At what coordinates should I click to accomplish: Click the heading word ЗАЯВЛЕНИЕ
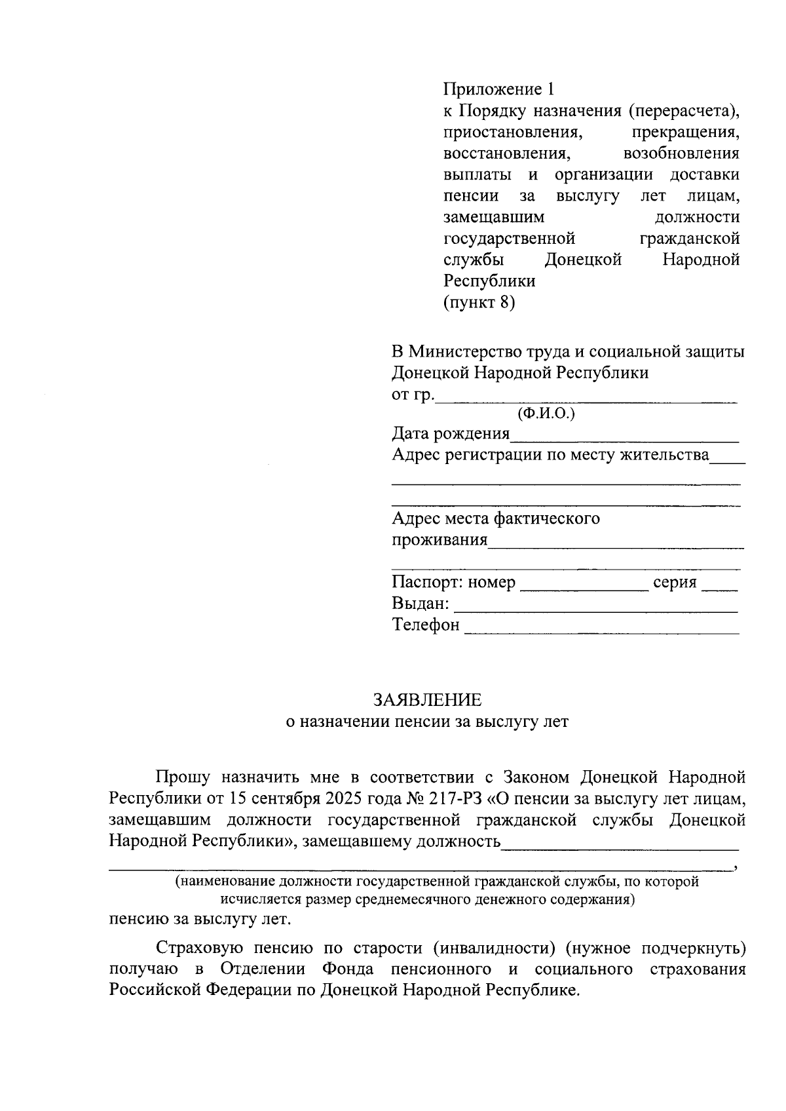tap(427, 700)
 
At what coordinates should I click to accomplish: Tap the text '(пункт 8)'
tap(479, 303)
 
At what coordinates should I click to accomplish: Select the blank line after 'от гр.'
tap(586, 397)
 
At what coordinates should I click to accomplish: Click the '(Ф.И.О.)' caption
tap(546, 414)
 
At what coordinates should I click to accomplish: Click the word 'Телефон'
tap(426, 625)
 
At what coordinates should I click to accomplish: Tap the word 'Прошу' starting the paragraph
tap(182, 777)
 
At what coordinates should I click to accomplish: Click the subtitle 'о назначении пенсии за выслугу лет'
tap(427, 722)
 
